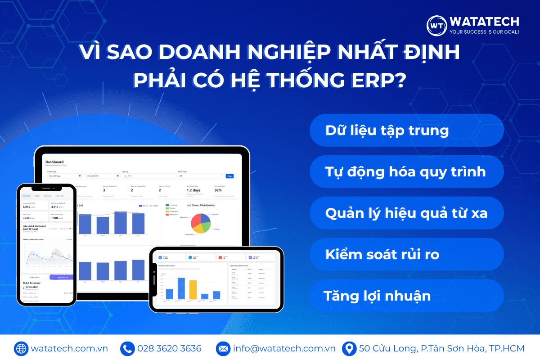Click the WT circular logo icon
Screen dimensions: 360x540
click(436, 26)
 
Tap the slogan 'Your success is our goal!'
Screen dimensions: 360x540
click(484, 32)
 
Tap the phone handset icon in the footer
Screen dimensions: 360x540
click(127, 349)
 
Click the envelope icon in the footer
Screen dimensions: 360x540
click(223, 349)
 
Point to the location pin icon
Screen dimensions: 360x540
click(348, 349)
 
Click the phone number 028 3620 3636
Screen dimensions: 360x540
click(169, 349)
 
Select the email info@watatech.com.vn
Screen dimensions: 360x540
click(284, 349)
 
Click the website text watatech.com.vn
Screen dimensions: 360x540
click(69, 349)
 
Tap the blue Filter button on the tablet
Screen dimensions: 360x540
click(229, 176)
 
